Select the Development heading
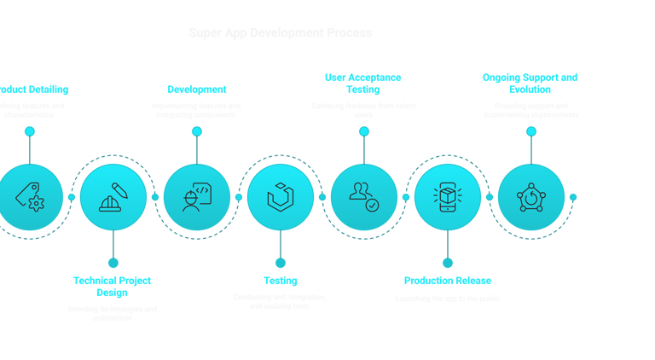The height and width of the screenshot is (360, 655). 196,89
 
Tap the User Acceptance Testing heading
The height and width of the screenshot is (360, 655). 363,83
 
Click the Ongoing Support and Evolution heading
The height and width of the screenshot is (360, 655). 530,83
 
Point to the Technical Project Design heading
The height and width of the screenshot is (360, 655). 113,286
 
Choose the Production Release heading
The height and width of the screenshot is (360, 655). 447,281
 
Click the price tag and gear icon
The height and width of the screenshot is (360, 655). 30,197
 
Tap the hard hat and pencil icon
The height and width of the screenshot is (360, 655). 113,197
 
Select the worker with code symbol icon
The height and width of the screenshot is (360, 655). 196,197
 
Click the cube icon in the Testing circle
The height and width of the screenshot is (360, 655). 280,197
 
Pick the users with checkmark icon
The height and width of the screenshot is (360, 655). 363,197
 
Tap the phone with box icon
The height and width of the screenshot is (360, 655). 447,197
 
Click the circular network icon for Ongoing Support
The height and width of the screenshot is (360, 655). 530,197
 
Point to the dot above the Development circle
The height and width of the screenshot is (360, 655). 196,131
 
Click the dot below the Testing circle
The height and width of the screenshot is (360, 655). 280,263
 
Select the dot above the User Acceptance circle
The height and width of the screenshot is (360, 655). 363,131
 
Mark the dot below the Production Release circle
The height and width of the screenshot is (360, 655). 447,263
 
